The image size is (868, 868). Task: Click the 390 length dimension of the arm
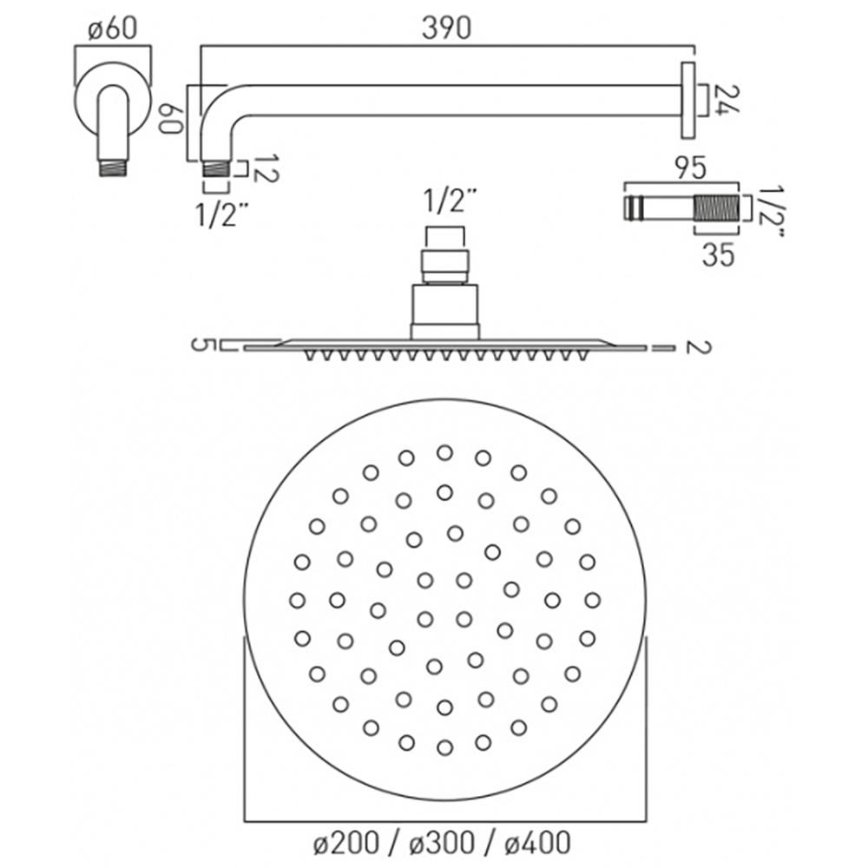pyautogui.click(x=447, y=29)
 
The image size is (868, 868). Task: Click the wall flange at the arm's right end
pyautogui.click(x=688, y=100)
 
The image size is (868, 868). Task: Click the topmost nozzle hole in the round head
pyautogui.click(x=444, y=452)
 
